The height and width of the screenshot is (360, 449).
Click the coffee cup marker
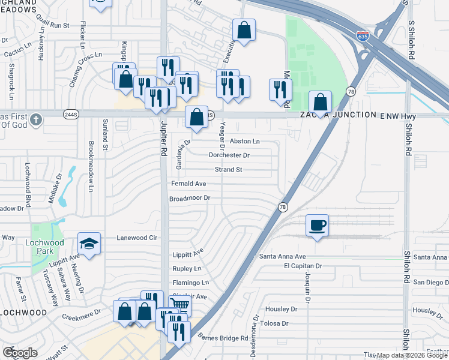[x=318, y=226]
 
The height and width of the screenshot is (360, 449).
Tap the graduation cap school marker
[x=89, y=244]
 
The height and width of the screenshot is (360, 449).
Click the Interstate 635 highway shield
[x=362, y=36]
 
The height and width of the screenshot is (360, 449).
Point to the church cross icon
[x=36, y=119]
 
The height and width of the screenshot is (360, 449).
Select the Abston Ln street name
[x=245, y=141]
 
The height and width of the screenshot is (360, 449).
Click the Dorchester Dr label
[x=229, y=155]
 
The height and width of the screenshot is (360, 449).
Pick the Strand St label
[x=228, y=169]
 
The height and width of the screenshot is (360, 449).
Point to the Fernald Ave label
[x=188, y=184]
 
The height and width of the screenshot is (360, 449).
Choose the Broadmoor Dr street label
[x=190, y=197]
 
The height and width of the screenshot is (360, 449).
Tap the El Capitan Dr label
[x=303, y=265]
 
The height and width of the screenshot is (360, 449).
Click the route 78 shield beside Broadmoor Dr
[x=282, y=206]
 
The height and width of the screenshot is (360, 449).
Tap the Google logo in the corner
[x=20, y=353]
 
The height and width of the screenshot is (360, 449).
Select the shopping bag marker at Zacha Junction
[x=321, y=102]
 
